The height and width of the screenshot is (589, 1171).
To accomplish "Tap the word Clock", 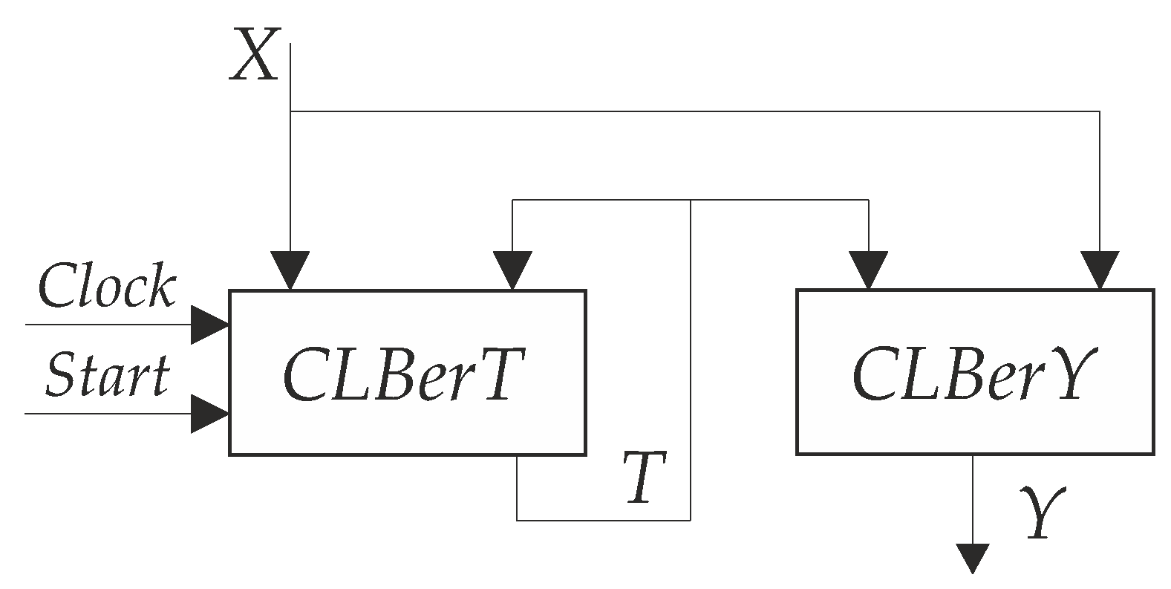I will click(x=106, y=286).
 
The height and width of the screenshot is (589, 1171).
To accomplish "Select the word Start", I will click(x=107, y=374).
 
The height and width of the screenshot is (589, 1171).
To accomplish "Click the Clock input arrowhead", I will click(x=210, y=325).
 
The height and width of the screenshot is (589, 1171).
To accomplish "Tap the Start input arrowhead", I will click(x=210, y=413).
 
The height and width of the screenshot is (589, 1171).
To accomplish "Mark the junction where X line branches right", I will click(x=290, y=111).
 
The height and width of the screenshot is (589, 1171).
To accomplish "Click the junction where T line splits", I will click(x=691, y=200).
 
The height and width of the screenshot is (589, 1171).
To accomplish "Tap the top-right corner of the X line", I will click(x=1100, y=111).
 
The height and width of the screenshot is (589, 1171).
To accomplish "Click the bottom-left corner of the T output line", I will click(x=517, y=520).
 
